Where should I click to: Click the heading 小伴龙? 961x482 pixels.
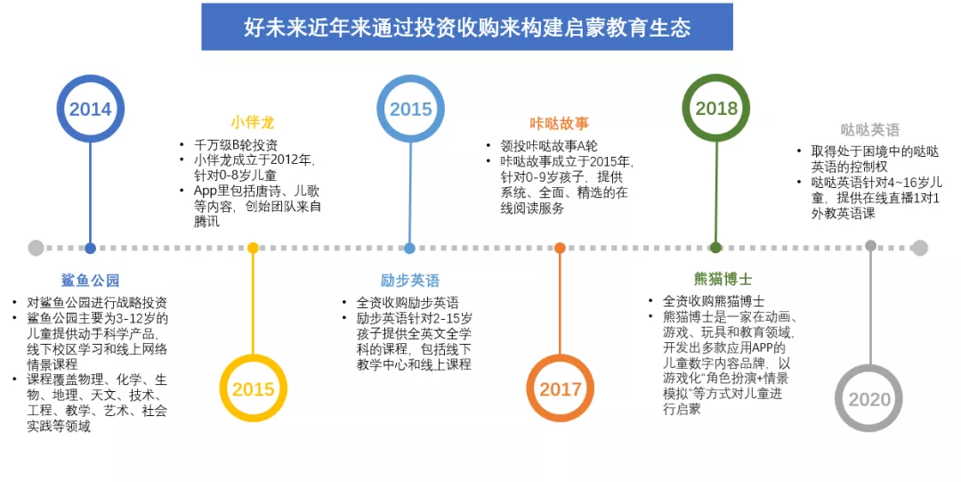tap(253, 122)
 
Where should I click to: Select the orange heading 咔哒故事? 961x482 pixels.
tap(559, 124)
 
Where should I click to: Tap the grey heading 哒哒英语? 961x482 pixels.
tap(869, 129)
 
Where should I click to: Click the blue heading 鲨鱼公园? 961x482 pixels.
tap(90, 280)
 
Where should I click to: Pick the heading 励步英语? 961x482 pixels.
tap(409, 280)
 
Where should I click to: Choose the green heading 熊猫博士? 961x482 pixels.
tap(723, 279)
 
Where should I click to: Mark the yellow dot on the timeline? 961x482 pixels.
tap(253, 248)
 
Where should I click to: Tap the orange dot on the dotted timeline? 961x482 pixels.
tap(560, 248)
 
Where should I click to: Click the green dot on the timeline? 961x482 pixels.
tap(715, 248)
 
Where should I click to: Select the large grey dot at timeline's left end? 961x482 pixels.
tap(36, 248)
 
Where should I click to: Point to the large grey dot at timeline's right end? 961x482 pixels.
tap(919, 248)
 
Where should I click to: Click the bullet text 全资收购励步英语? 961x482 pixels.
tap(408, 303)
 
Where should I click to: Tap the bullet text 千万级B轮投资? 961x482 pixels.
tap(236, 145)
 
